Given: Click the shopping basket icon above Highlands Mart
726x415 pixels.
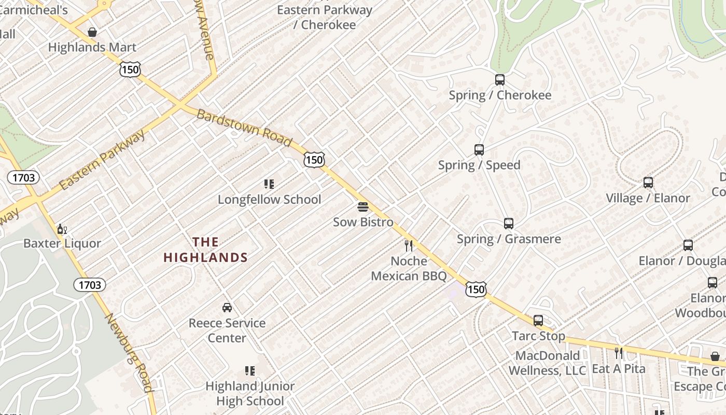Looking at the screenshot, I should [x=92, y=32].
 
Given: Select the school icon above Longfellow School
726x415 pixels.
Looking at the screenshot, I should [x=269, y=184].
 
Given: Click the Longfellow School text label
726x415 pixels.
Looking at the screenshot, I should [x=269, y=199].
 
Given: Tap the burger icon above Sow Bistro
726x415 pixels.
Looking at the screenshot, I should [x=363, y=208].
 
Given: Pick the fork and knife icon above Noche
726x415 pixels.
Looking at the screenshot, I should [x=409, y=245].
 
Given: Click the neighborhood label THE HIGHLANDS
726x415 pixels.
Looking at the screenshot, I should [x=205, y=250].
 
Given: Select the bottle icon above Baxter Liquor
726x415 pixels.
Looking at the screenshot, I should [x=62, y=229].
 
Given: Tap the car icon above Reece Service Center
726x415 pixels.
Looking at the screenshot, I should [x=227, y=307].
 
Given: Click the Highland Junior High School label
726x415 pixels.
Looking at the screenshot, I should [x=250, y=393].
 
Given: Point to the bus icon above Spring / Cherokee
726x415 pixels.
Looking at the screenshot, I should [x=500, y=80].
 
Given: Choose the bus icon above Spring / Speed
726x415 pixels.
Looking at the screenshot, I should [x=479, y=150].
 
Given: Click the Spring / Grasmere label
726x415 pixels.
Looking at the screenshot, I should [x=509, y=239].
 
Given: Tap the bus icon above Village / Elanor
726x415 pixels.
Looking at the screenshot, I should [x=648, y=183].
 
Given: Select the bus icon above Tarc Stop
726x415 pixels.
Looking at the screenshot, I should [x=538, y=321].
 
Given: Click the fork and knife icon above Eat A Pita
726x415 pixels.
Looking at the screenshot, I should [x=618, y=353].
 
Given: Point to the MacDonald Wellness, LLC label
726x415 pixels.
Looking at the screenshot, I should [x=547, y=363].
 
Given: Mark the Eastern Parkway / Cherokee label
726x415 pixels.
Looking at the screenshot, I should [x=325, y=17].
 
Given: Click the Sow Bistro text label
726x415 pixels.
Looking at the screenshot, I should [x=363, y=222].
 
